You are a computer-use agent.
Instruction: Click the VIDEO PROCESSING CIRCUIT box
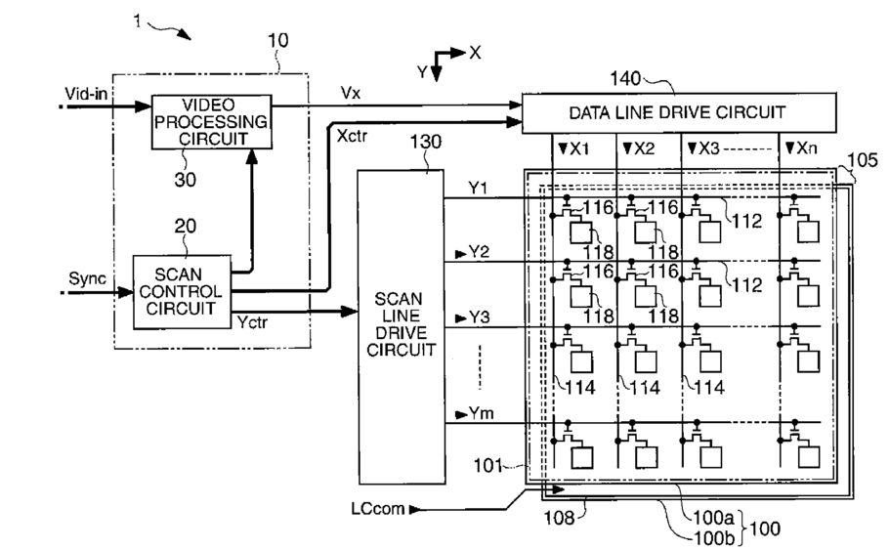click(x=211, y=122)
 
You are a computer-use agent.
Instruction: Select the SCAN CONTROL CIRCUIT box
click(x=182, y=292)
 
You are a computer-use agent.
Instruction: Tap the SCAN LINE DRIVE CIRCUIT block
click(x=402, y=326)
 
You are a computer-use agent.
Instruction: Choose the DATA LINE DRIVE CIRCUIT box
click(x=679, y=113)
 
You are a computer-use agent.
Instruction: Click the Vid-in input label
click(x=86, y=94)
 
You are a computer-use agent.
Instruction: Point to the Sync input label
click(x=87, y=278)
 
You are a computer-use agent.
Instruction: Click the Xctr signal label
click(x=352, y=136)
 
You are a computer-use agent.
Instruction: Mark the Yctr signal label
click(x=252, y=322)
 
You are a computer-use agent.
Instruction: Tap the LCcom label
click(x=378, y=508)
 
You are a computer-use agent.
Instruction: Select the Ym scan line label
click(x=482, y=413)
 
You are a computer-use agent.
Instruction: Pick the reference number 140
click(x=625, y=78)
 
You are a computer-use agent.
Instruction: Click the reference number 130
click(x=426, y=142)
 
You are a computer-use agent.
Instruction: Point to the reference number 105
click(x=863, y=160)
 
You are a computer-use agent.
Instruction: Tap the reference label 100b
click(x=714, y=536)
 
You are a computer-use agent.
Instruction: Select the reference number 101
click(x=488, y=466)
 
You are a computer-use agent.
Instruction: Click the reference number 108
click(x=559, y=517)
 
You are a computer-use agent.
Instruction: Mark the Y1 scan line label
click(x=478, y=188)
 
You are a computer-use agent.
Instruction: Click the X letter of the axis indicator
click(x=475, y=53)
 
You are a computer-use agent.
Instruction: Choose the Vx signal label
click(x=351, y=93)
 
